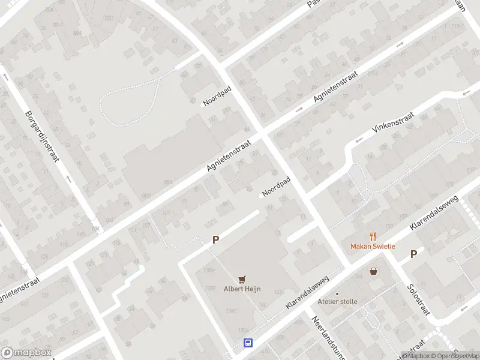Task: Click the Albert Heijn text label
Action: click(x=242, y=289)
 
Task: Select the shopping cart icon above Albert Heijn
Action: click(x=242, y=279)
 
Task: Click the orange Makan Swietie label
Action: click(x=373, y=247)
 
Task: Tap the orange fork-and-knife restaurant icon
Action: click(x=373, y=236)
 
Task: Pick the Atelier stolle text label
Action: click(x=337, y=302)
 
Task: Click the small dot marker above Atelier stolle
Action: click(x=337, y=294)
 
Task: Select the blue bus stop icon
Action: click(x=247, y=343)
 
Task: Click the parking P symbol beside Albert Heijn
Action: click(x=215, y=239)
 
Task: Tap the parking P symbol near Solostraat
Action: click(x=413, y=254)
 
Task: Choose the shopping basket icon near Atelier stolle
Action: click(x=374, y=271)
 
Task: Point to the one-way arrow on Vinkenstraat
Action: click(x=359, y=140)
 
